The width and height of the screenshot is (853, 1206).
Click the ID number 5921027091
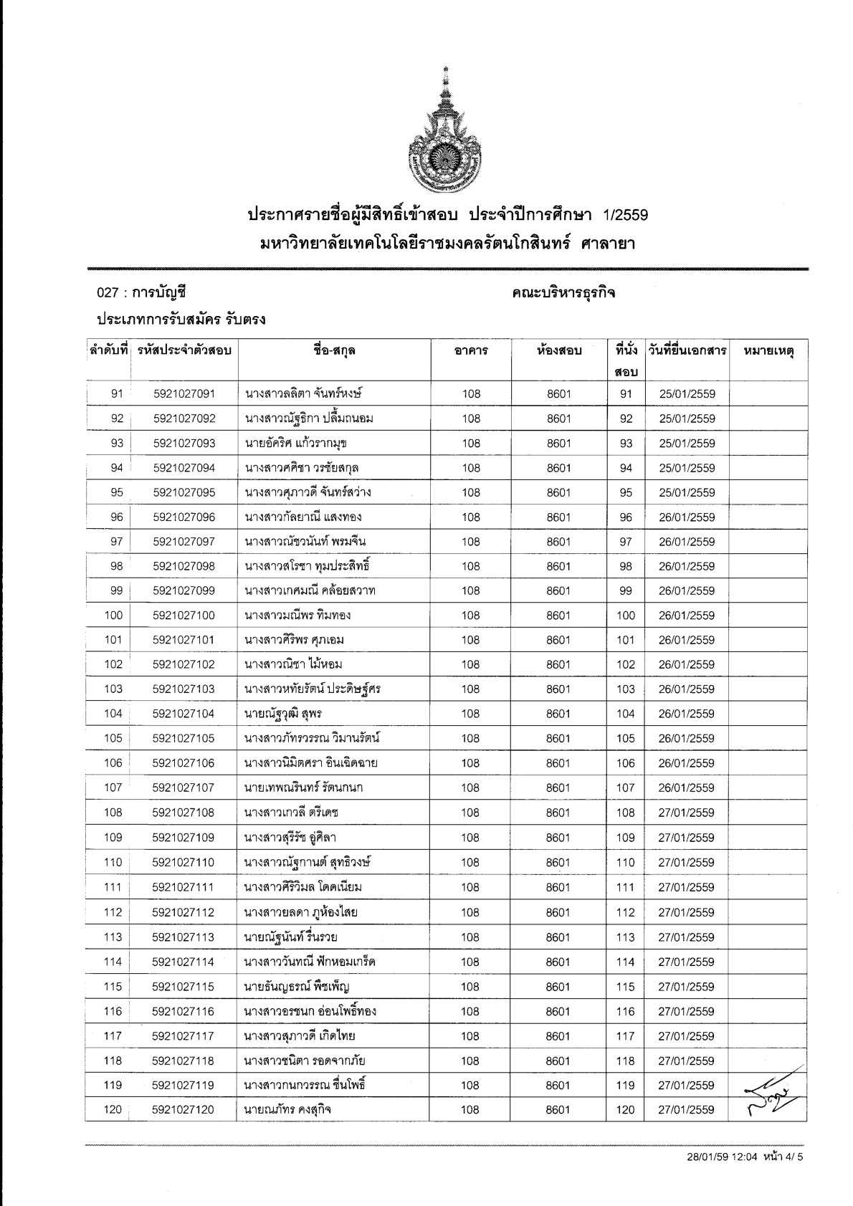click(184, 393)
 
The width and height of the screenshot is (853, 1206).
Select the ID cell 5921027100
click(184, 616)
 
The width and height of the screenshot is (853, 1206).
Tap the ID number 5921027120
click(184, 1110)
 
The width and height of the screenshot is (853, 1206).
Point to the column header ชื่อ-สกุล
click(334, 351)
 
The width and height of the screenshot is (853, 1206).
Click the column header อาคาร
click(471, 351)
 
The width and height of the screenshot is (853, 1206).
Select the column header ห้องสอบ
click(558, 351)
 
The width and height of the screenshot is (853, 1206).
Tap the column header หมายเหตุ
click(768, 351)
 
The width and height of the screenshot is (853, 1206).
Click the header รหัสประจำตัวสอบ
click(184, 351)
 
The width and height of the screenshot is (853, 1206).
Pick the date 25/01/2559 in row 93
click(687, 444)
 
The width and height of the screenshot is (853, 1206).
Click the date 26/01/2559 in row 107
click(686, 788)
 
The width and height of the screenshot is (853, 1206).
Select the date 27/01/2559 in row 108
click(686, 813)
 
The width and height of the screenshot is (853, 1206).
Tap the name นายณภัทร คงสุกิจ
click(287, 1110)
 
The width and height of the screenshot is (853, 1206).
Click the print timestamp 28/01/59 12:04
click(714, 1177)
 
